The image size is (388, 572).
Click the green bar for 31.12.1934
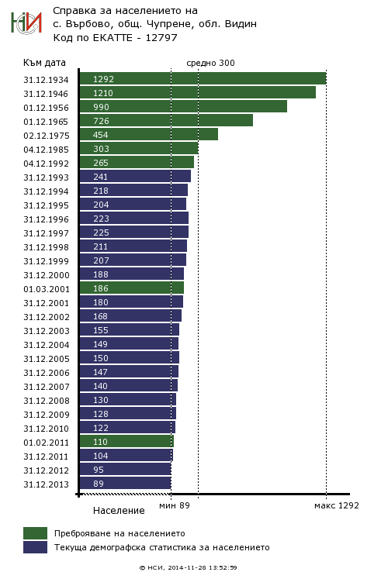203,79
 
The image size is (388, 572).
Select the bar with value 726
166,120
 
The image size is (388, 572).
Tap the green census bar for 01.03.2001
132,288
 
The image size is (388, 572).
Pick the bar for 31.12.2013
125,483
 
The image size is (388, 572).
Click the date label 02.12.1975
47,136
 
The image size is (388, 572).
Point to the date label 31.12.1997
46,233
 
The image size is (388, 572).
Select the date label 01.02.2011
46,443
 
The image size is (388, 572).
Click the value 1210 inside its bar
103,93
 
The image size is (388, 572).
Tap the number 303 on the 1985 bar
101,149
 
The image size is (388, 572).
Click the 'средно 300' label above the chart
210,63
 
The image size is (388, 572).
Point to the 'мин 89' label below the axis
175,505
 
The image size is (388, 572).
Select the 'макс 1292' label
337,505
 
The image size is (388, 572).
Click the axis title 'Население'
119,510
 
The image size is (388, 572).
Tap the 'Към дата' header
44,63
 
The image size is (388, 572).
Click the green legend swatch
36,533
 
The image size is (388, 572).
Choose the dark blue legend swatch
36,547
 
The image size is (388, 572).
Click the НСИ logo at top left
26,23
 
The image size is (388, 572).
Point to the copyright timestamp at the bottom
188,567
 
